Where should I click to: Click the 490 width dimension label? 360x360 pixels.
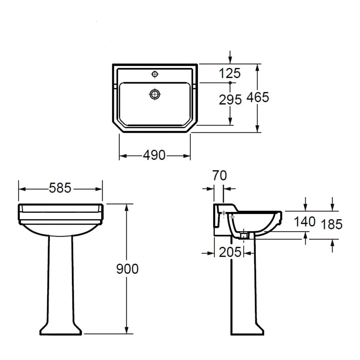tap(154, 155)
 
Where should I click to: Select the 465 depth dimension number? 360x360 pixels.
tap(258, 97)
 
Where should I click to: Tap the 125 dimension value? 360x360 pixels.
tap(230, 73)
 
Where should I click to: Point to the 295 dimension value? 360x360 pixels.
tap(230, 100)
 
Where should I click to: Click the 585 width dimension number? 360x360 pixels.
tap(60, 188)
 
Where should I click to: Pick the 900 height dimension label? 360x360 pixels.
tap(127, 269)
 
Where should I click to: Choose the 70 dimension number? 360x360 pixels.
tap(220, 175)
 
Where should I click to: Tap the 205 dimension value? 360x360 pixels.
tap(230, 252)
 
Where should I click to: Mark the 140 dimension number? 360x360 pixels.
tap(305, 222)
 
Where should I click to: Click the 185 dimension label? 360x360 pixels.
tap(332, 224)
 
